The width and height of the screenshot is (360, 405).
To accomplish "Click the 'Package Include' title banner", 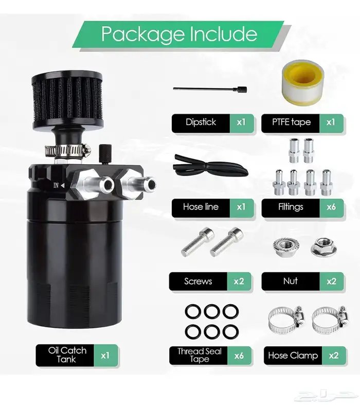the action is (x=178, y=34).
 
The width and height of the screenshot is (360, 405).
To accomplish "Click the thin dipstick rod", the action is (x=210, y=90).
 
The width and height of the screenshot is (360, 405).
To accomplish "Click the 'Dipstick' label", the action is (x=201, y=122).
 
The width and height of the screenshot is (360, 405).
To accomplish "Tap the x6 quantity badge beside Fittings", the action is (x=331, y=207).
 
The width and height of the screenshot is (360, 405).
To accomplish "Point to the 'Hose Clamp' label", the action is (x=293, y=356).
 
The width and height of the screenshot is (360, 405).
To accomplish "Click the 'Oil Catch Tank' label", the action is (x=67, y=355).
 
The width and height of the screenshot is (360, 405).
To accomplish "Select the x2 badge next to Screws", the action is (x=239, y=281).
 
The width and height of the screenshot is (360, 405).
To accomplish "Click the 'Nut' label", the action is (x=291, y=281).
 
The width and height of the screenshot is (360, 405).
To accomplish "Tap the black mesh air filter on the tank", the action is (x=67, y=101).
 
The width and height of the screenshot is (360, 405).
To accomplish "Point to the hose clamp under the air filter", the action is (x=67, y=150).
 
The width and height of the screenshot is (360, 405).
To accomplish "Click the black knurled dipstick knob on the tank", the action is (x=105, y=154).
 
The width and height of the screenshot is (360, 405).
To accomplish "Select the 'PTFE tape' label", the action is (x=291, y=122).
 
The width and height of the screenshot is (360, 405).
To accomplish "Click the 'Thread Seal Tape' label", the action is (x=199, y=356).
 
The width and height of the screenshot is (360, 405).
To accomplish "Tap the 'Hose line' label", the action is (x=201, y=207).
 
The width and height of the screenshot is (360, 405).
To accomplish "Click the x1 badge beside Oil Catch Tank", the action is (x=105, y=356).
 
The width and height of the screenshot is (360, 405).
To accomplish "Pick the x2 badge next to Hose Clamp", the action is (x=334, y=356).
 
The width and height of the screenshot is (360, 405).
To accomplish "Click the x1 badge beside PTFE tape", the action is (x=331, y=122).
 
